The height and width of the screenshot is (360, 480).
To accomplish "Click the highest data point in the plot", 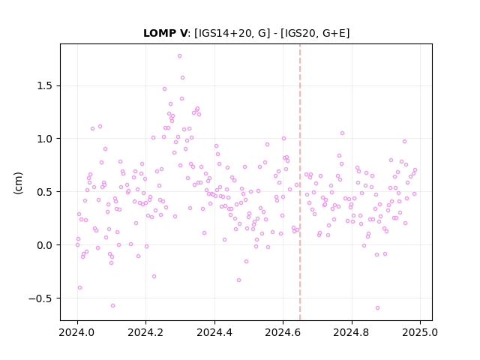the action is (x=180, y=55).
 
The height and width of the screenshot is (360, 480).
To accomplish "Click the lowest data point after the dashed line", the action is (x=377, y=307).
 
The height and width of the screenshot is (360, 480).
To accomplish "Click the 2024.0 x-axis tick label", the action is (x=77, y=332).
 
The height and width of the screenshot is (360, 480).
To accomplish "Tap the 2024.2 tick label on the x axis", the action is (x=146, y=332).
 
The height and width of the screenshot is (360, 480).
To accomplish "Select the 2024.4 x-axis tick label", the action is (x=214, y=332).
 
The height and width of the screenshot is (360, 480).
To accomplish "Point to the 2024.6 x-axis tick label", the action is (x=283, y=332).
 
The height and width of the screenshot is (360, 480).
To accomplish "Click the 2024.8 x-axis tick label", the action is (x=352, y=332).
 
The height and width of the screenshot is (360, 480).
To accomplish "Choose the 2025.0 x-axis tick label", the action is (x=420, y=332).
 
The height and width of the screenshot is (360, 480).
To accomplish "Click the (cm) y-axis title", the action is (x=18, y=183).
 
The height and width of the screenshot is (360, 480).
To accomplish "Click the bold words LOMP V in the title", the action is (x=165, y=33).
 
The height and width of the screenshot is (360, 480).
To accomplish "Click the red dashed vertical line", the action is (x=300, y=182).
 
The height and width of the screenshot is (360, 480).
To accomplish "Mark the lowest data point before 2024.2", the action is (x=112, y=305).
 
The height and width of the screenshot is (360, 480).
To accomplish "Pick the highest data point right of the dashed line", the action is (x=342, y=133).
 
